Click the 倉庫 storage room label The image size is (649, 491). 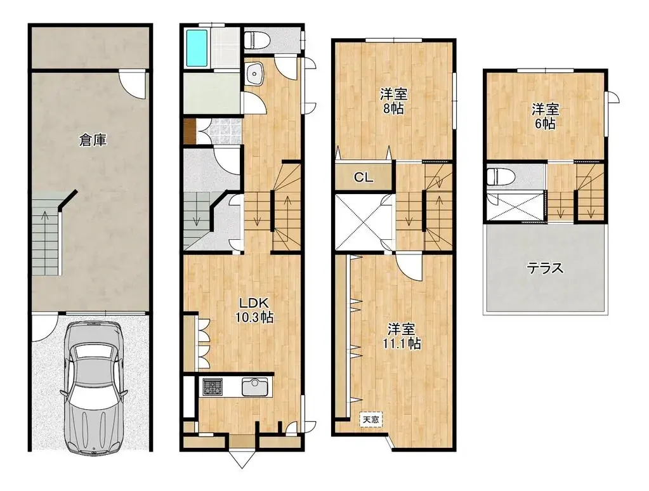[93, 140]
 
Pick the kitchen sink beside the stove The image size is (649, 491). [254, 386]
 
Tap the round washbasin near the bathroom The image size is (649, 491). [256, 74]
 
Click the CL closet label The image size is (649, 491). [364, 178]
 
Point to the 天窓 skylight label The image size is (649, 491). [369, 419]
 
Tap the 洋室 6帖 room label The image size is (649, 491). [545, 117]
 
